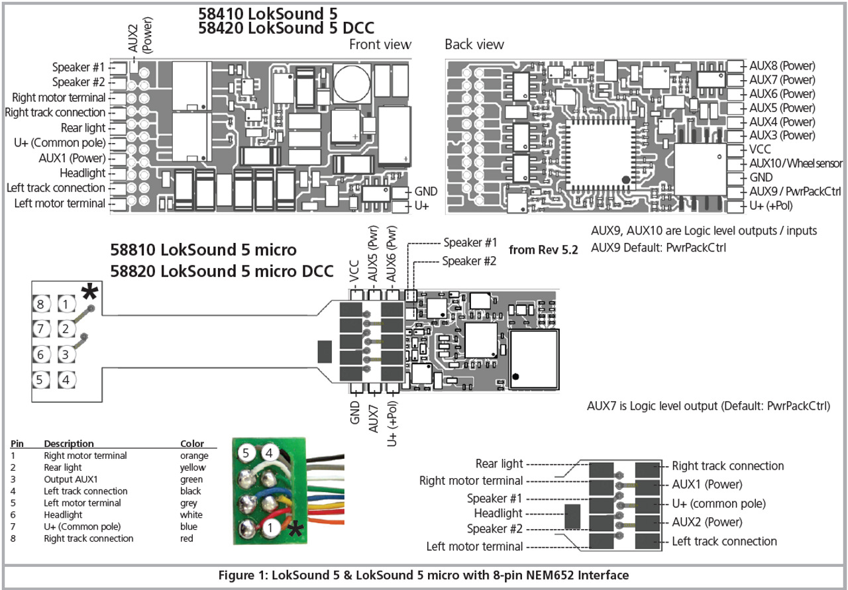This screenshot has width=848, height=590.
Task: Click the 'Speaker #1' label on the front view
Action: tap(79, 68)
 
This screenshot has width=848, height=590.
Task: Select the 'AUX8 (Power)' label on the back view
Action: tap(782, 66)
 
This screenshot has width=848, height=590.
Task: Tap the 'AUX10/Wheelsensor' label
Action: tap(796, 164)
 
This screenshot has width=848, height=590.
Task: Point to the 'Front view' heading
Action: tap(380, 44)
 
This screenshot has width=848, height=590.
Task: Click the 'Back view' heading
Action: tap(474, 44)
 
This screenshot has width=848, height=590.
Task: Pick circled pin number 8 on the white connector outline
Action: tap(41, 304)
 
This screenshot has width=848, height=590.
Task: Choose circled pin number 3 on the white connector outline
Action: tap(66, 354)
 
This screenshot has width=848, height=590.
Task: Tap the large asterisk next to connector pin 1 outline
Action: tap(89, 293)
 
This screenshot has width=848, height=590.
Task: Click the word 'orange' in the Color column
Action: tap(194, 456)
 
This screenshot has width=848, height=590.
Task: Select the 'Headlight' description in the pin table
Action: tap(64, 515)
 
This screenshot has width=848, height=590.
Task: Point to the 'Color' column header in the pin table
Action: tap(192, 444)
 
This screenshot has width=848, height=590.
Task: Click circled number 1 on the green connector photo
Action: tap(270, 527)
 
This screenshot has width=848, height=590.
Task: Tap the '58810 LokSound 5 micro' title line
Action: tap(203, 250)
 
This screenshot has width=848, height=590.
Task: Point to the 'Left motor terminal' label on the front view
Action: tap(60, 203)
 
